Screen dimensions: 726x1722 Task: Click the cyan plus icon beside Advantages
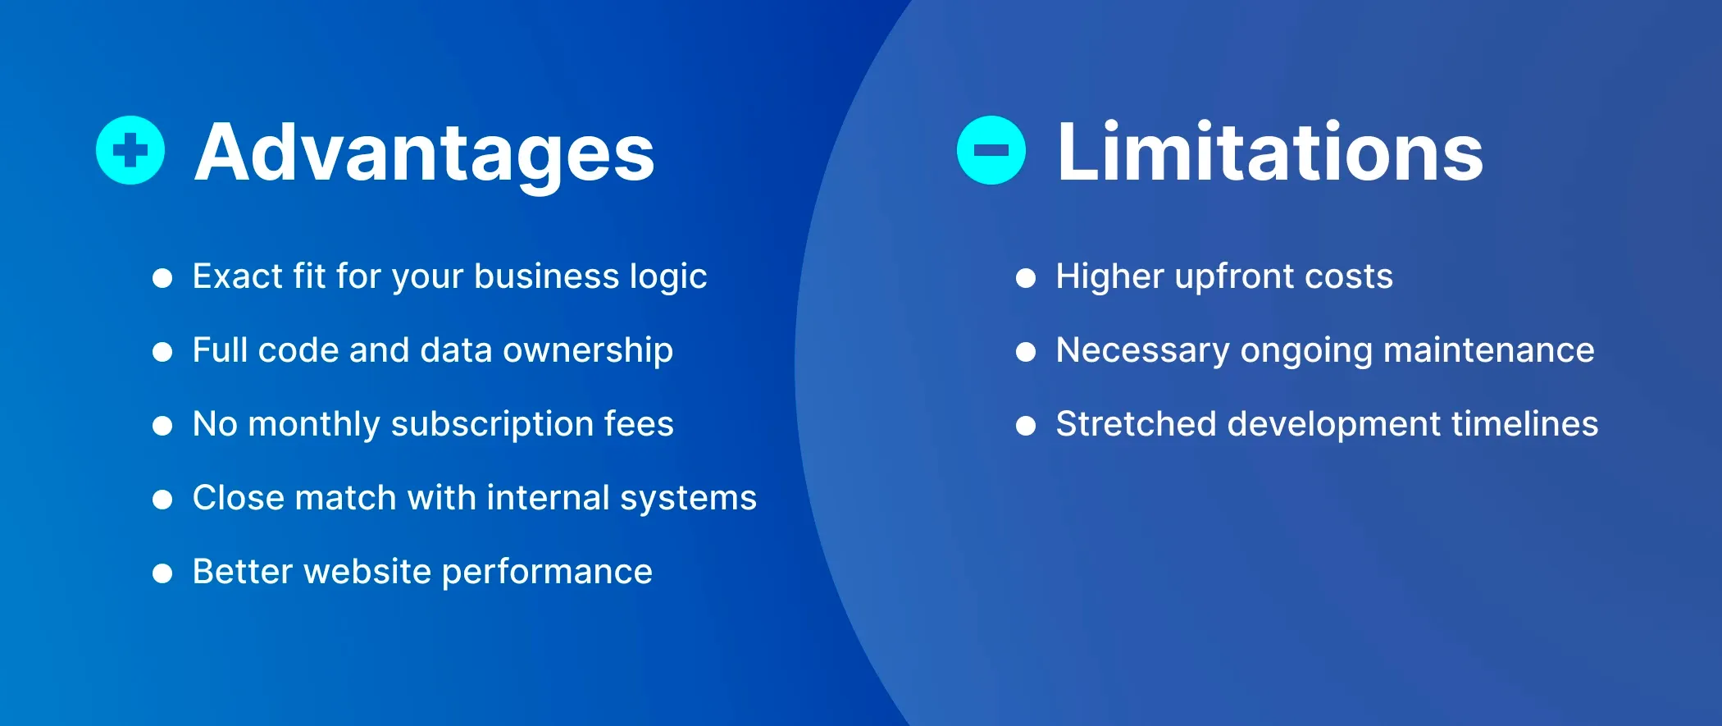click(130, 150)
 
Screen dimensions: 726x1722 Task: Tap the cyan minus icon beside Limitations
click(991, 150)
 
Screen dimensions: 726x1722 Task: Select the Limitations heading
click(1269, 152)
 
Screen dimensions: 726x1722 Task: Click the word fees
click(639, 424)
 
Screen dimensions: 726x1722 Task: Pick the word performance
click(547, 573)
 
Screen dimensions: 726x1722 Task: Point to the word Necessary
click(1142, 351)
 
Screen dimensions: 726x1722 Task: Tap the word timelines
click(1524, 424)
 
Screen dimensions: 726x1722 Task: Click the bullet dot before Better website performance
click(162, 573)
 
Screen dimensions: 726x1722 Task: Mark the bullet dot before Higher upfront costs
click(1025, 278)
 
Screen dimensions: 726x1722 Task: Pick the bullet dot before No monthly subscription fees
click(162, 425)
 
